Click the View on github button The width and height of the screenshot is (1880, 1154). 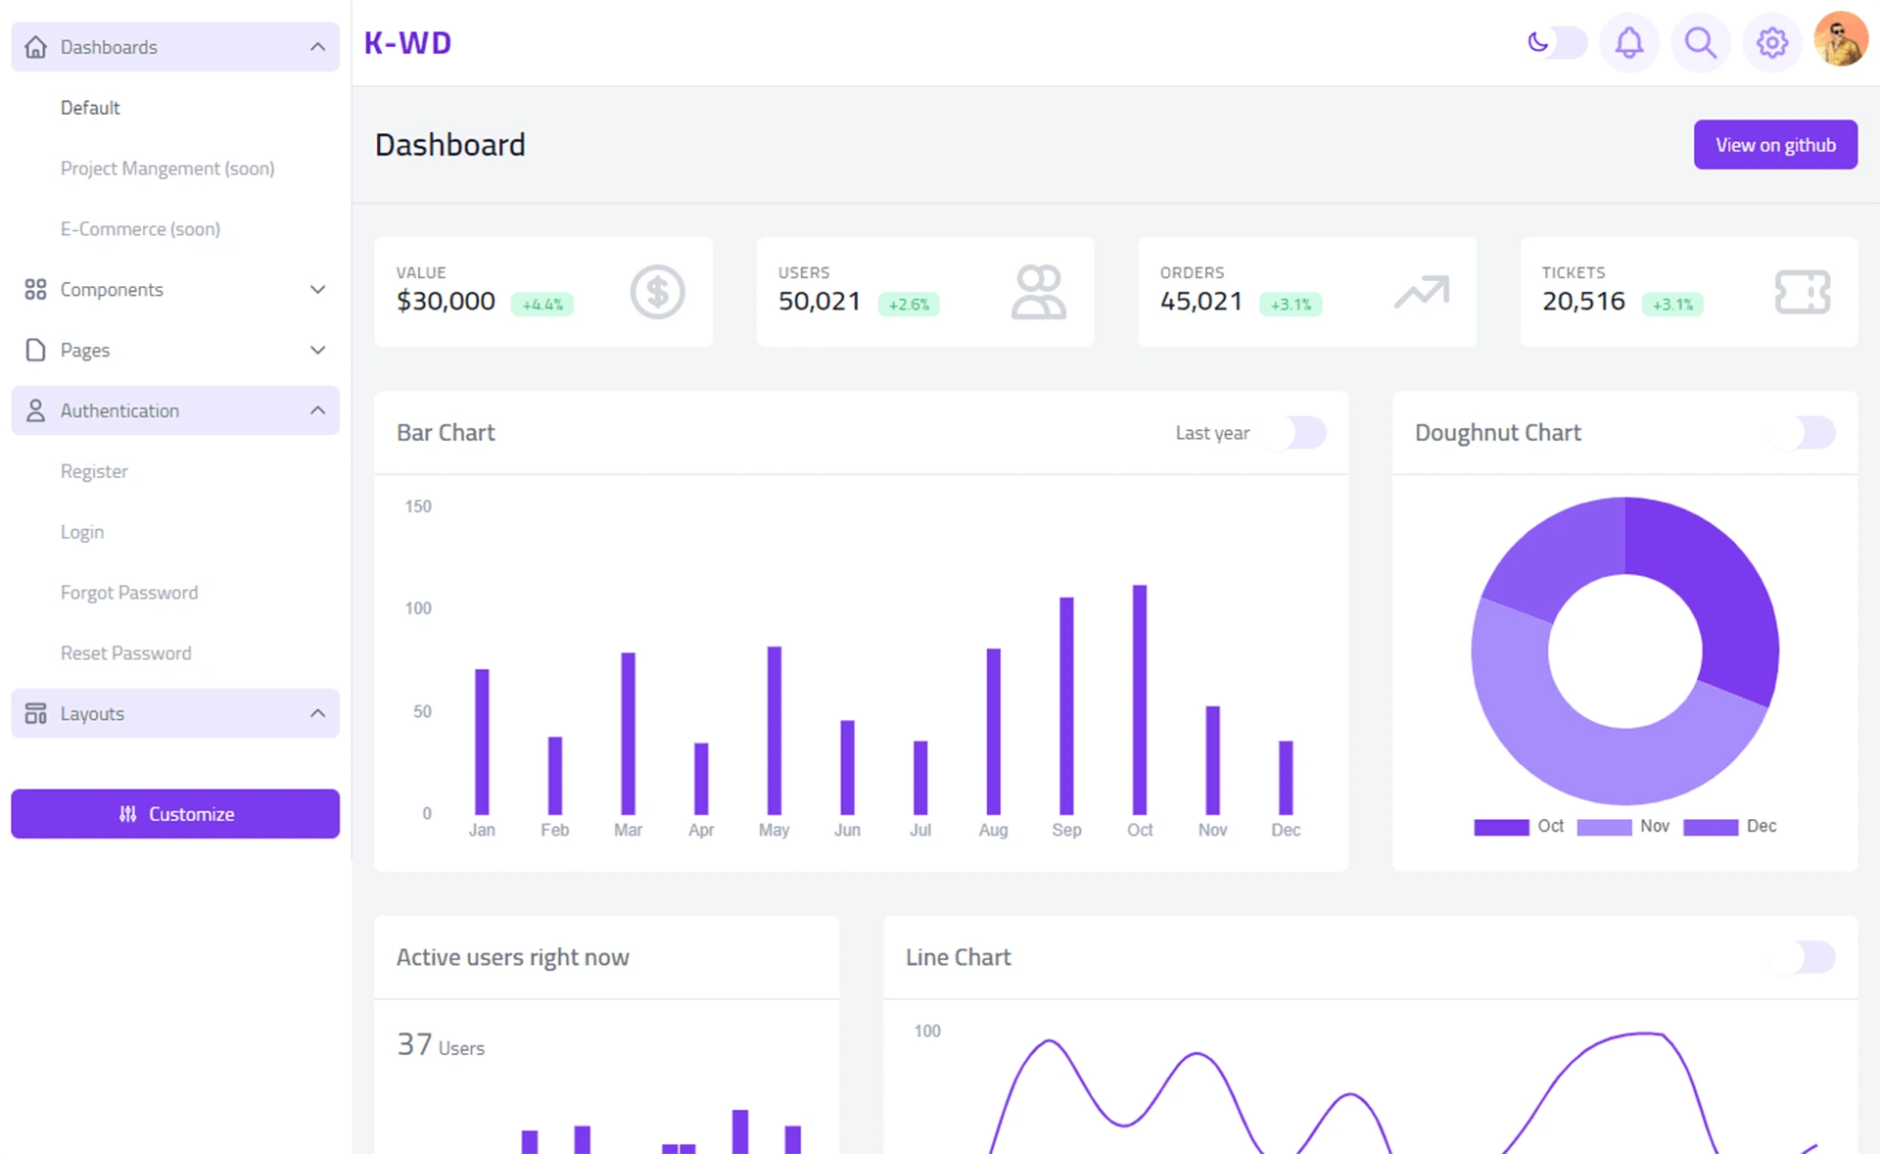point(1774,145)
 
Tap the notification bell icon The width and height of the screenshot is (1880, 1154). point(1628,43)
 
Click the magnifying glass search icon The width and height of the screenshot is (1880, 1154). point(1700,43)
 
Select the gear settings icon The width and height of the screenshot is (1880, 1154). point(1771,43)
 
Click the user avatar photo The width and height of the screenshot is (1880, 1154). point(1840,40)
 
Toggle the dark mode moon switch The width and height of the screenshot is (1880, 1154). point(1556,43)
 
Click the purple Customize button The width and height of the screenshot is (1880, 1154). point(175,814)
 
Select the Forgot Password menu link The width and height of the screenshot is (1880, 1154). point(129,593)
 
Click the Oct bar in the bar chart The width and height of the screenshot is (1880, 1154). point(1139,699)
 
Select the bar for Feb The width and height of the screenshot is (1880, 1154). point(555,776)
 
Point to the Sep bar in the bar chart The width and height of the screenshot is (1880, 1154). point(1066,705)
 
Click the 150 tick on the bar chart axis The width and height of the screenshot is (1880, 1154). point(418,506)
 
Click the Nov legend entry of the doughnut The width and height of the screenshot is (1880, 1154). point(1624,827)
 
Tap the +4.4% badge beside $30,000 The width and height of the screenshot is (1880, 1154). point(541,305)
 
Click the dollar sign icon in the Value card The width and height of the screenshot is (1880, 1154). point(657,292)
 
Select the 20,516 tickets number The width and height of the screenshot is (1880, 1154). point(1583,302)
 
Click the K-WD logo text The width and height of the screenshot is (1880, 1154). point(407,43)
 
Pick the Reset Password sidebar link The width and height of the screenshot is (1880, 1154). point(125,653)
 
